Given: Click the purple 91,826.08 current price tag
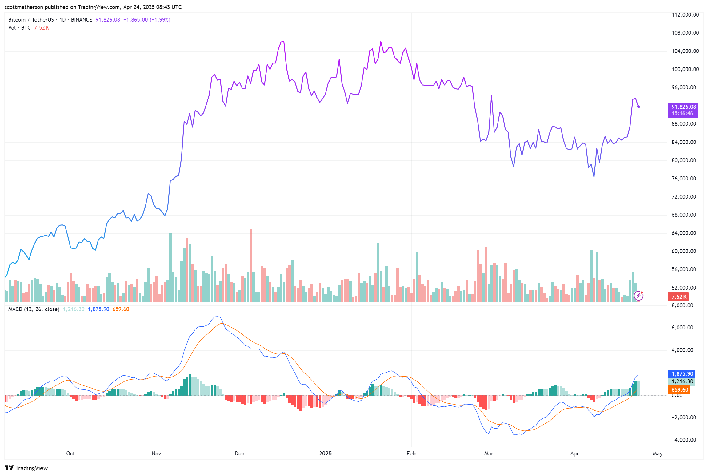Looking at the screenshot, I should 682,110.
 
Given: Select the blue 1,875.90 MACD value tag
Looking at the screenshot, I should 681,374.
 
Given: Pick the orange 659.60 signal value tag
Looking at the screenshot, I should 679,390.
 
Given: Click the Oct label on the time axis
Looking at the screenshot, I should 70,454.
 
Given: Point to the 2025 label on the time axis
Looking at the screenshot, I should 325,454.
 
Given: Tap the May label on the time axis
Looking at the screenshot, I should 658,454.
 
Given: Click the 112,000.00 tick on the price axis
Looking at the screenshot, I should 685,15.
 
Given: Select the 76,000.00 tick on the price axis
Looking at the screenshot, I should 684,179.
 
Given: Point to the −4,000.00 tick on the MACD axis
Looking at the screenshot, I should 684,440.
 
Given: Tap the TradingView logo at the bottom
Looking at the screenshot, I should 26,468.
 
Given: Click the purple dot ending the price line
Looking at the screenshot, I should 639,107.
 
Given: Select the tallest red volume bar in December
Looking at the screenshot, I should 251,265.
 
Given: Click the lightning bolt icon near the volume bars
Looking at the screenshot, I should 639,296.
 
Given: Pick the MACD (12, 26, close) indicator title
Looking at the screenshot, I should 34,309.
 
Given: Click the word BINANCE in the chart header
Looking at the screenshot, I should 82,20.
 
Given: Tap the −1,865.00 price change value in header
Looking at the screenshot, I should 135,20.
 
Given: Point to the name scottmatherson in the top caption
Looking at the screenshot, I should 24,7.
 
